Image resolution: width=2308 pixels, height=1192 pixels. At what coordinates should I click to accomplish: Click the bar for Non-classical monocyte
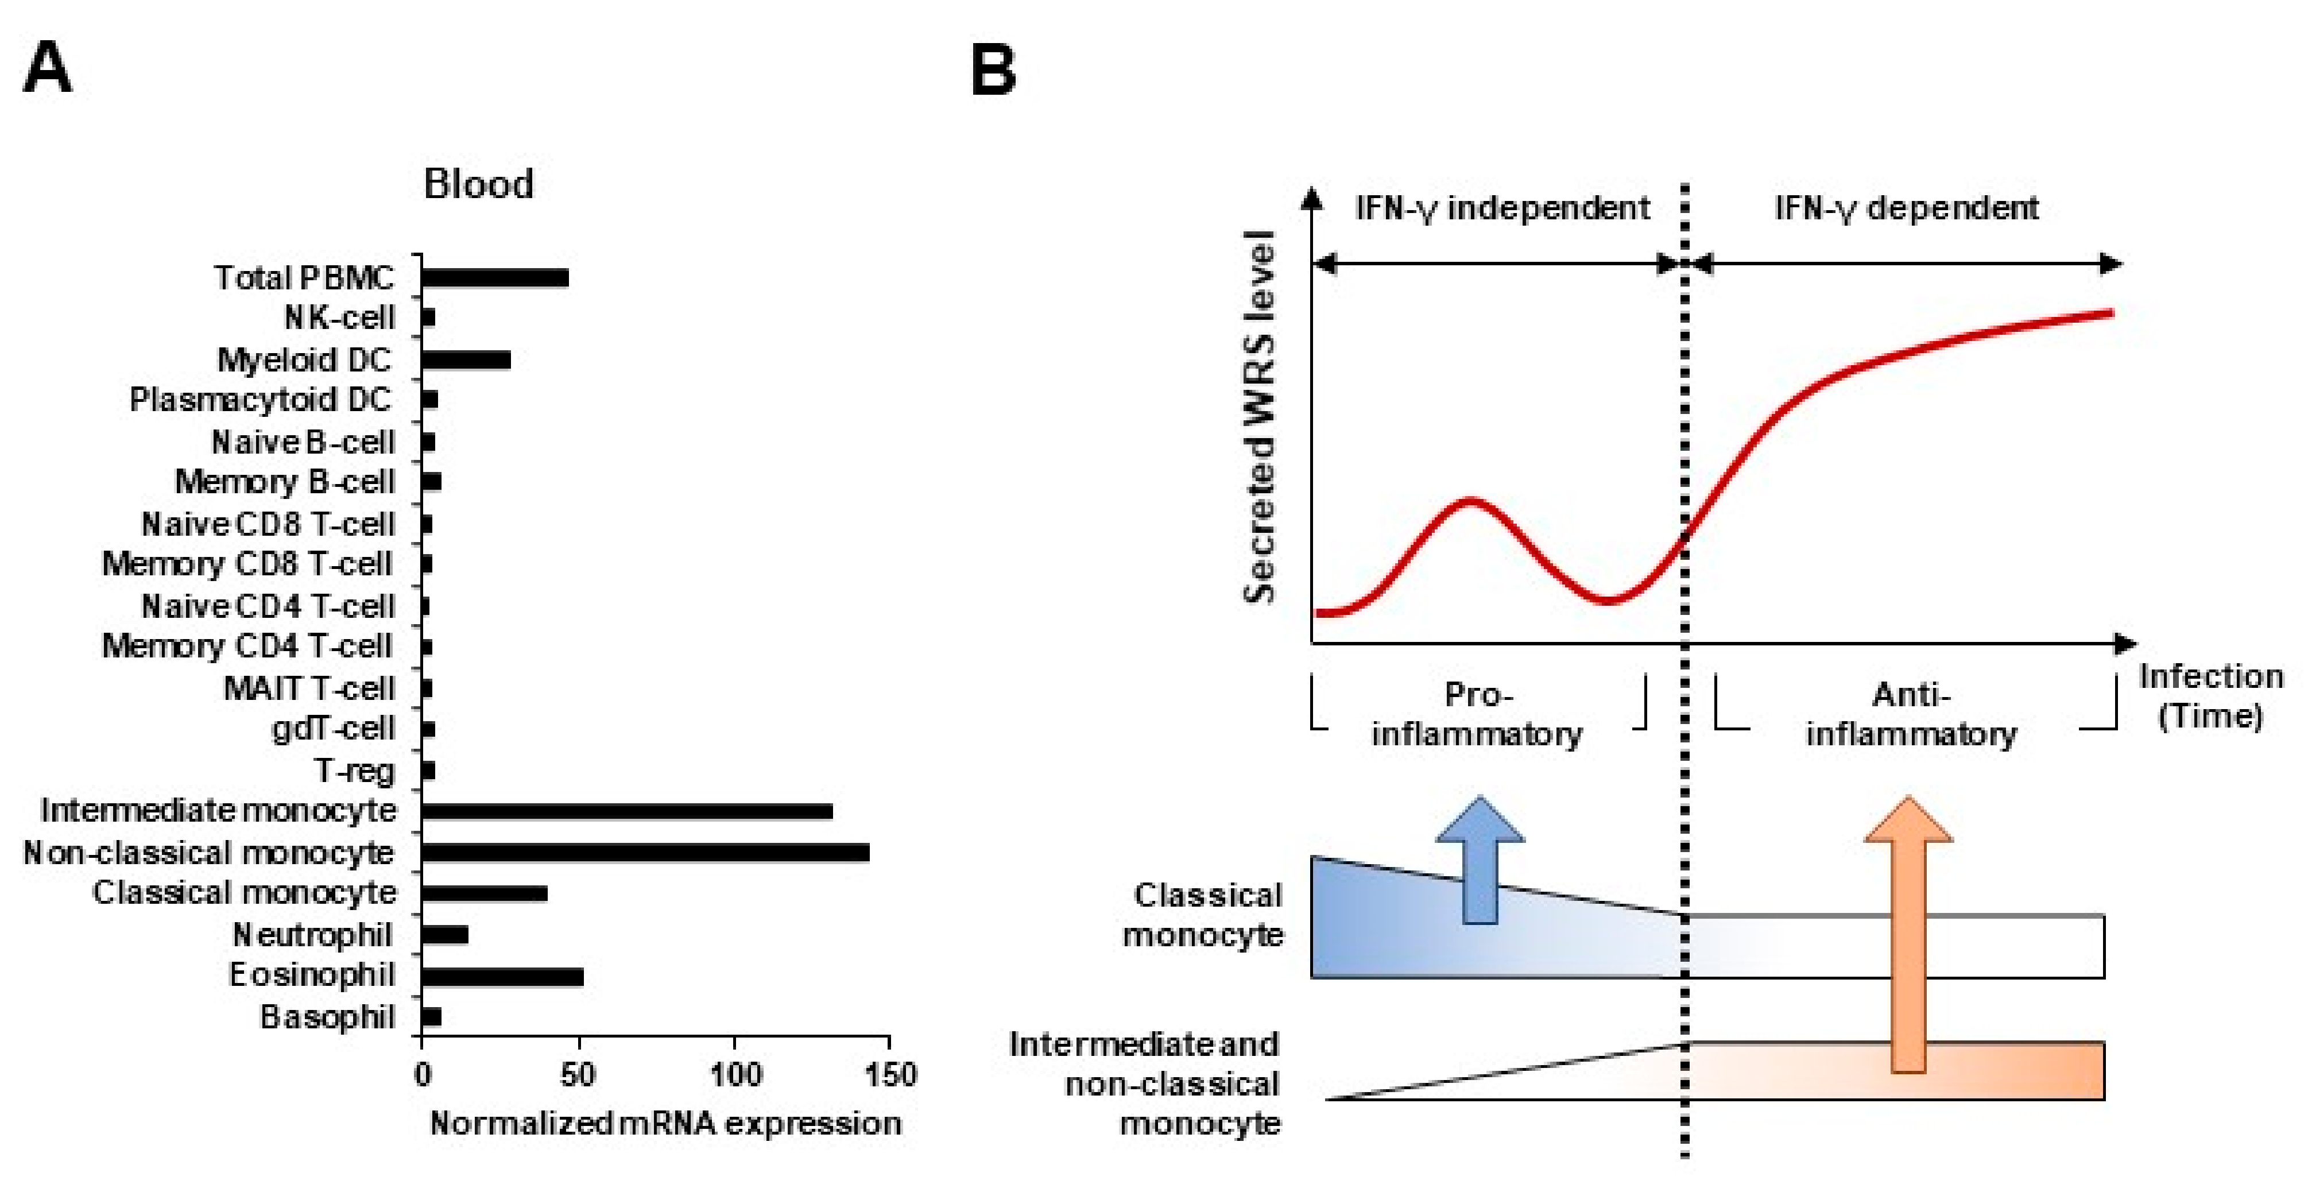click(645, 852)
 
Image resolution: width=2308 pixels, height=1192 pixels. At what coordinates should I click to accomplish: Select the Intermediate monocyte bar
click(627, 811)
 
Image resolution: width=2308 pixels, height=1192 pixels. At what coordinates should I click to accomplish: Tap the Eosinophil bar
click(502, 976)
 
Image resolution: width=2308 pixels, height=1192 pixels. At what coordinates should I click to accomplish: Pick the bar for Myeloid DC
click(466, 359)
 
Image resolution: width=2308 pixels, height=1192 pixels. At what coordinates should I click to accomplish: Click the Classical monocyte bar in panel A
click(484, 893)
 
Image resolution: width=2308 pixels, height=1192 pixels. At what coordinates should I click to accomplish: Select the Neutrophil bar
click(444, 935)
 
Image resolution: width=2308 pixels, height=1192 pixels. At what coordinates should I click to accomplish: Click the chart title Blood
click(478, 184)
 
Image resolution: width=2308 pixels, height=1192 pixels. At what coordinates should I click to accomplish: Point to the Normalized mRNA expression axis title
click(665, 1123)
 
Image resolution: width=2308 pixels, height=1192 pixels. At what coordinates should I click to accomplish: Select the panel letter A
click(47, 68)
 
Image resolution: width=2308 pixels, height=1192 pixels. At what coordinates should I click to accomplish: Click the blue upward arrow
click(1480, 860)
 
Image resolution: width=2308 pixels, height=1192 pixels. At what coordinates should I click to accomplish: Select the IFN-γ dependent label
click(1907, 208)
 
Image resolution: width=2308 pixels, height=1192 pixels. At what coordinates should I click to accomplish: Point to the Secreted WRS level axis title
click(1260, 417)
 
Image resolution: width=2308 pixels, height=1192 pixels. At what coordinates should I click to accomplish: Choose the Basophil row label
click(327, 1017)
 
